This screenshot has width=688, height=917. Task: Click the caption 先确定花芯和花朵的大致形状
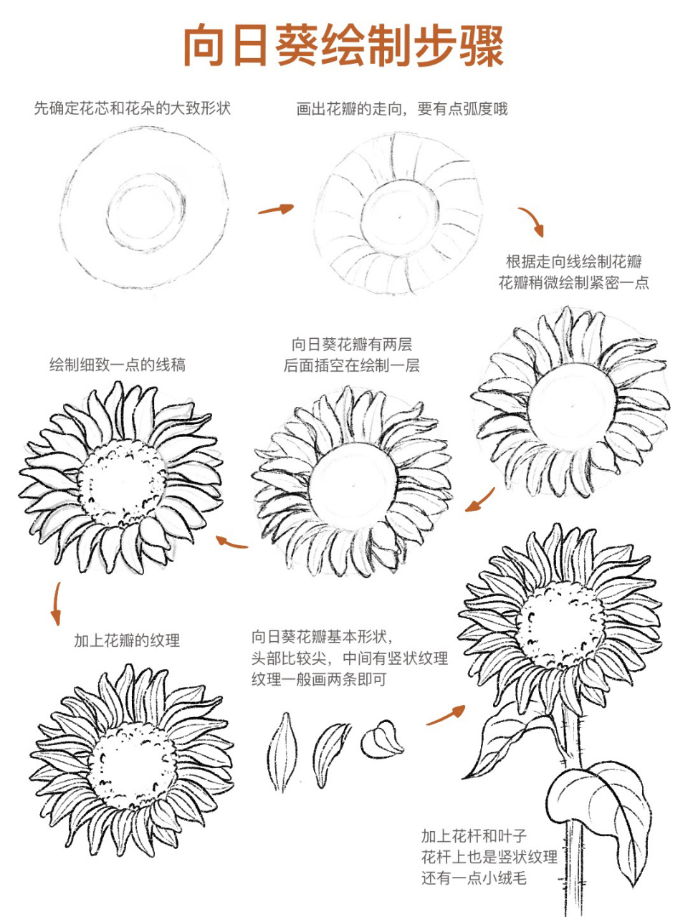coord(133,109)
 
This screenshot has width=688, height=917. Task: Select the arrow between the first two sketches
coord(276,209)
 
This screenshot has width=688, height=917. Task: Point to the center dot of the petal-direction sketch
coord(398,216)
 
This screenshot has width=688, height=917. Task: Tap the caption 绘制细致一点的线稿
coord(118,365)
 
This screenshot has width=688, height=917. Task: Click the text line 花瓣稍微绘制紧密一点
coord(573,282)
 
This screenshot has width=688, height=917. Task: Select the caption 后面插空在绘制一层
coord(351,365)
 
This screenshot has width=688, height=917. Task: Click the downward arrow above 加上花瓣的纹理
coord(56,604)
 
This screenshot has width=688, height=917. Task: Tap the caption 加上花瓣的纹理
coord(127,640)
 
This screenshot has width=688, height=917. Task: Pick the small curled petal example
coord(382,739)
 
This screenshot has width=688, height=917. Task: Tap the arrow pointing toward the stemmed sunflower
coord(446,715)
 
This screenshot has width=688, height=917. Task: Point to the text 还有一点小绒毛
coord(474,878)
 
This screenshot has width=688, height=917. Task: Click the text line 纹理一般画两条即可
coord(318,678)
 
